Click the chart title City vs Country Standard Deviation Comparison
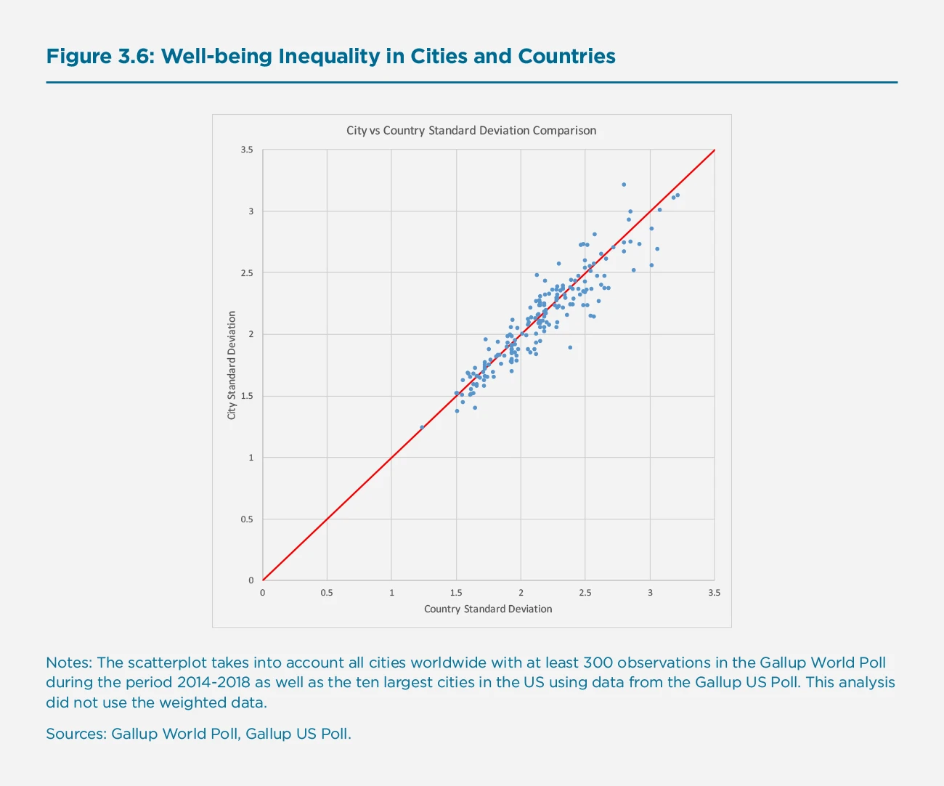click(x=471, y=131)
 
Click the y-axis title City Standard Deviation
click(x=232, y=365)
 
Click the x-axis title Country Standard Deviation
click(x=488, y=609)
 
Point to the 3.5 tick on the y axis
click(x=247, y=150)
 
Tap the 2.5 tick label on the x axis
click(x=585, y=593)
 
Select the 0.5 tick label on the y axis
click(x=247, y=519)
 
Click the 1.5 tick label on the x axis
click(x=456, y=593)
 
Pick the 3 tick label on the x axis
click(x=650, y=593)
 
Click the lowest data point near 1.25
click(x=422, y=427)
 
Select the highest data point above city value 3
click(x=624, y=185)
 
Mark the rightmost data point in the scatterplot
click(x=678, y=195)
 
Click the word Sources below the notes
click(x=76, y=734)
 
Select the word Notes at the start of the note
click(x=68, y=663)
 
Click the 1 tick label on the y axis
click(x=251, y=458)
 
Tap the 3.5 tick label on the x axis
click(x=715, y=593)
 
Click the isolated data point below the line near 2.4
click(x=570, y=347)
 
